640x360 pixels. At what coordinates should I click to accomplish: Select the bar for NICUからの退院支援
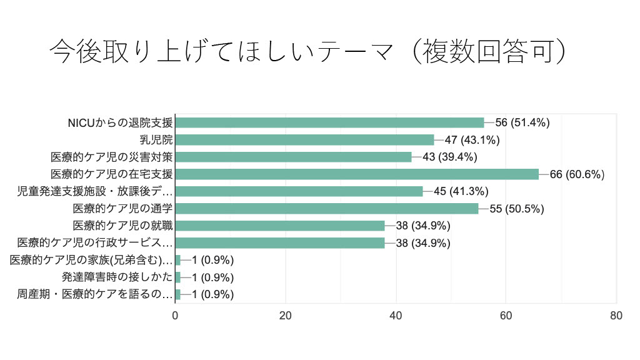pyautogui.click(x=330, y=122)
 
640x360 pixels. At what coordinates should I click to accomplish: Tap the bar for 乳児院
pyautogui.click(x=305, y=140)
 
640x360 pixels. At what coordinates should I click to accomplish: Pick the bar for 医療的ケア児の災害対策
pyautogui.click(x=294, y=157)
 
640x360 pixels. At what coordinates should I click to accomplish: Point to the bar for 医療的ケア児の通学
pyautogui.click(x=327, y=209)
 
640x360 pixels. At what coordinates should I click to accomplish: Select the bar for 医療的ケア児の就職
pyautogui.click(x=280, y=226)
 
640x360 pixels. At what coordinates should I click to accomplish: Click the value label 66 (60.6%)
pyautogui.click(x=577, y=174)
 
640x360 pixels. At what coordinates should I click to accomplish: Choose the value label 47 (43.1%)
pyautogui.click(x=472, y=140)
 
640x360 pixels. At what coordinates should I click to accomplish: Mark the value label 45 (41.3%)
pyautogui.click(x=461, y=191)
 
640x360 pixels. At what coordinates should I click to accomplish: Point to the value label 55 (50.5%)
pyautogui.click(x=516, y=209)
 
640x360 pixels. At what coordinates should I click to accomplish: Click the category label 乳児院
pyautogui.click(x=156, y=140)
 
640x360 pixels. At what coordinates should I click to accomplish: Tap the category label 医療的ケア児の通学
pyautogui.click(x=122, y=209)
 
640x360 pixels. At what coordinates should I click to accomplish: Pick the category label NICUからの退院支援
pyautogui.click(x=120, y=122)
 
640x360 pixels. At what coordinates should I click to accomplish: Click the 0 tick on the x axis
pyautogui.click(x=176, y=316)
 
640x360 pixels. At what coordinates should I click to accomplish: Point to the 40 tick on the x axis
pyautogui.click(x=396, y=316)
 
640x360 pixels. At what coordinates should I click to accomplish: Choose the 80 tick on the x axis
pyautogui.click(x=616, y=316)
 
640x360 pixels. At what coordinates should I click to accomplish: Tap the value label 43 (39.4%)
pyautogui.click(x=449, y=157)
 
